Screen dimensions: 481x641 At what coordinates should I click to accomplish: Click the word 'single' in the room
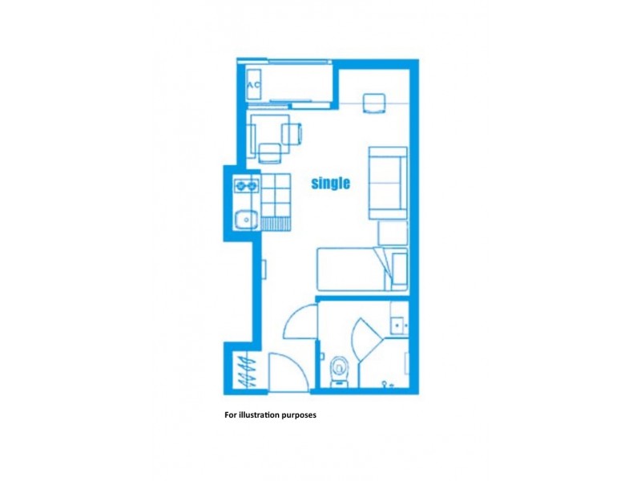pos(331,184)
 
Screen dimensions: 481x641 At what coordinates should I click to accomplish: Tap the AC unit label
pos(254,85)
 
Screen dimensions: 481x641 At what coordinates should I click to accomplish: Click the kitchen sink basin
pos(244,216)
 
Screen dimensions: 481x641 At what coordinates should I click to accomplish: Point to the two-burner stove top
pos(245,188)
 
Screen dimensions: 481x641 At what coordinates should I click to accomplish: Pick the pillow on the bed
pos(396,269)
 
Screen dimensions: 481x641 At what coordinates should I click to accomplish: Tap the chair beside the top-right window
pos(373,104)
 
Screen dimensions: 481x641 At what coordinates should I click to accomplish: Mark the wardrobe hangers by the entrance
pos(245,372)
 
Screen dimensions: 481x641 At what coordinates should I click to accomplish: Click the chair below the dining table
pos(270,153)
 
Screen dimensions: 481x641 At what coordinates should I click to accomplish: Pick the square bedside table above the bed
pos(393,233)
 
